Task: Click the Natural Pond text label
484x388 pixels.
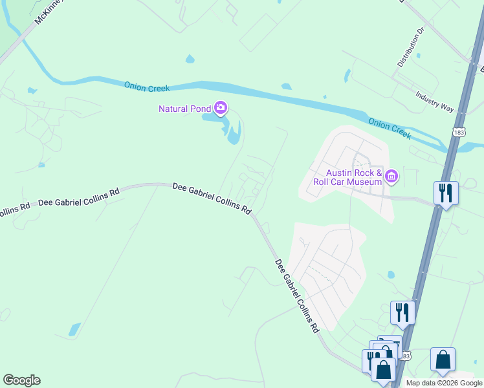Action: coord(184,109)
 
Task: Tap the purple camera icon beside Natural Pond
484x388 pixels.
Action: coord(221,107)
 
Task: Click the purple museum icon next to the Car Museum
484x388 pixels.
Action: coord(391,176)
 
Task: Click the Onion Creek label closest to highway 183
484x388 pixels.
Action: coord(389,128)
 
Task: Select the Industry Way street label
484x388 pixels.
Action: coord(435,102)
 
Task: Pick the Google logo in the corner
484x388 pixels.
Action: coord(21,380)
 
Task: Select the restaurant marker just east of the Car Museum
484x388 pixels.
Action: coord(446,192)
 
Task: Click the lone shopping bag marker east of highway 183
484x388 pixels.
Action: coord(443,360)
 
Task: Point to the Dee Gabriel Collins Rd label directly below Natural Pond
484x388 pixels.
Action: coord(212,199)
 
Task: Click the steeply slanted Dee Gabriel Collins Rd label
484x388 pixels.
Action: coord(297,296)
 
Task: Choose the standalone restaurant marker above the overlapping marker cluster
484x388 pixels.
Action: coord(402,312)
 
